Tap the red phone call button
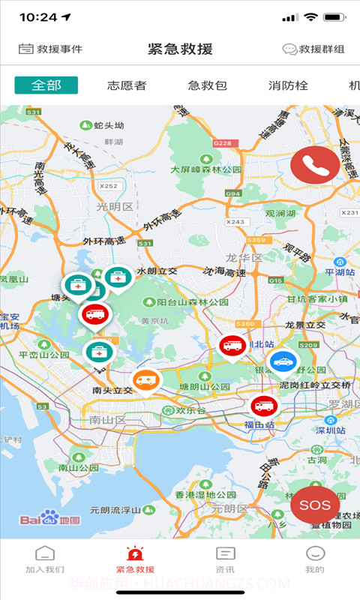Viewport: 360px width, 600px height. point(315,166)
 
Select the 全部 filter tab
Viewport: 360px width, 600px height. point(46,85)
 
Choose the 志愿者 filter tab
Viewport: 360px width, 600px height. point(127,85)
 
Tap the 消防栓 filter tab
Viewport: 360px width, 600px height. point(288,85)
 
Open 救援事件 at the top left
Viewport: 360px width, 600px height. point(50,49)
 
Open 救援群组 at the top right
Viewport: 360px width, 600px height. point(313,49)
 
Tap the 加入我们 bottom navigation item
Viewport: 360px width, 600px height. point(45,559)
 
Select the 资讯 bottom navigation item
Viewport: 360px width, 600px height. point(225,559)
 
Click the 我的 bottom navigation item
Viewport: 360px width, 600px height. point(315,559)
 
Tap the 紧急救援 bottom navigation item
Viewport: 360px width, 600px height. point(135,559)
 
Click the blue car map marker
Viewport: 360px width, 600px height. point(283,362)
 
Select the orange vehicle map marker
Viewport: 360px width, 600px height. point(147,381)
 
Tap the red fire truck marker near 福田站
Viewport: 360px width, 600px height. point(264,406)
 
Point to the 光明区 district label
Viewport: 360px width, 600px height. point(115,207)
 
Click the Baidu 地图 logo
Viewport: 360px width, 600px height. point(49,519)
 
